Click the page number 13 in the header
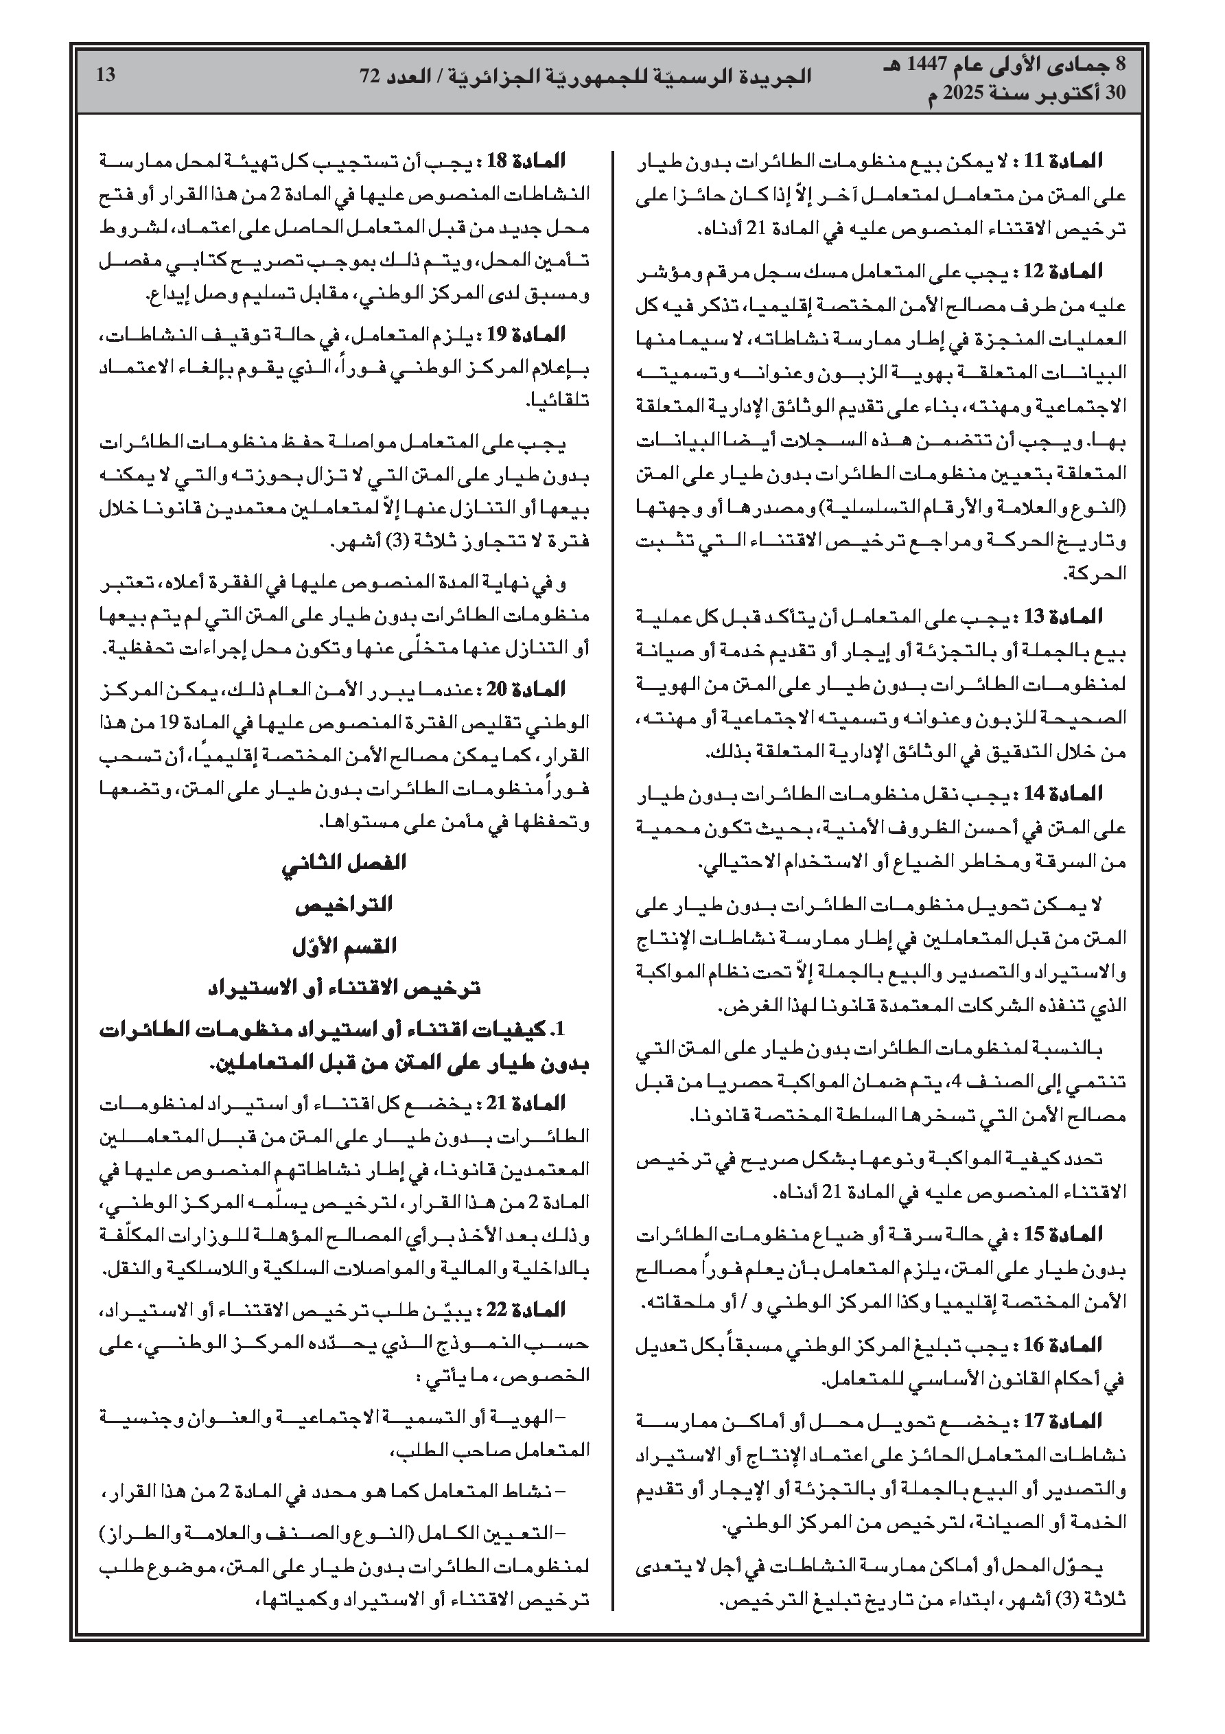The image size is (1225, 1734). tap(106, 76)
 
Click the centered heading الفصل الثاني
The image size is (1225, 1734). tap(345, 863)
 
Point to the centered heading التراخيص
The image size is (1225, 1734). tap(345, 905)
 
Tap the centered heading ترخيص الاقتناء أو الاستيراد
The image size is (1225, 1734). tap(345, 988)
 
